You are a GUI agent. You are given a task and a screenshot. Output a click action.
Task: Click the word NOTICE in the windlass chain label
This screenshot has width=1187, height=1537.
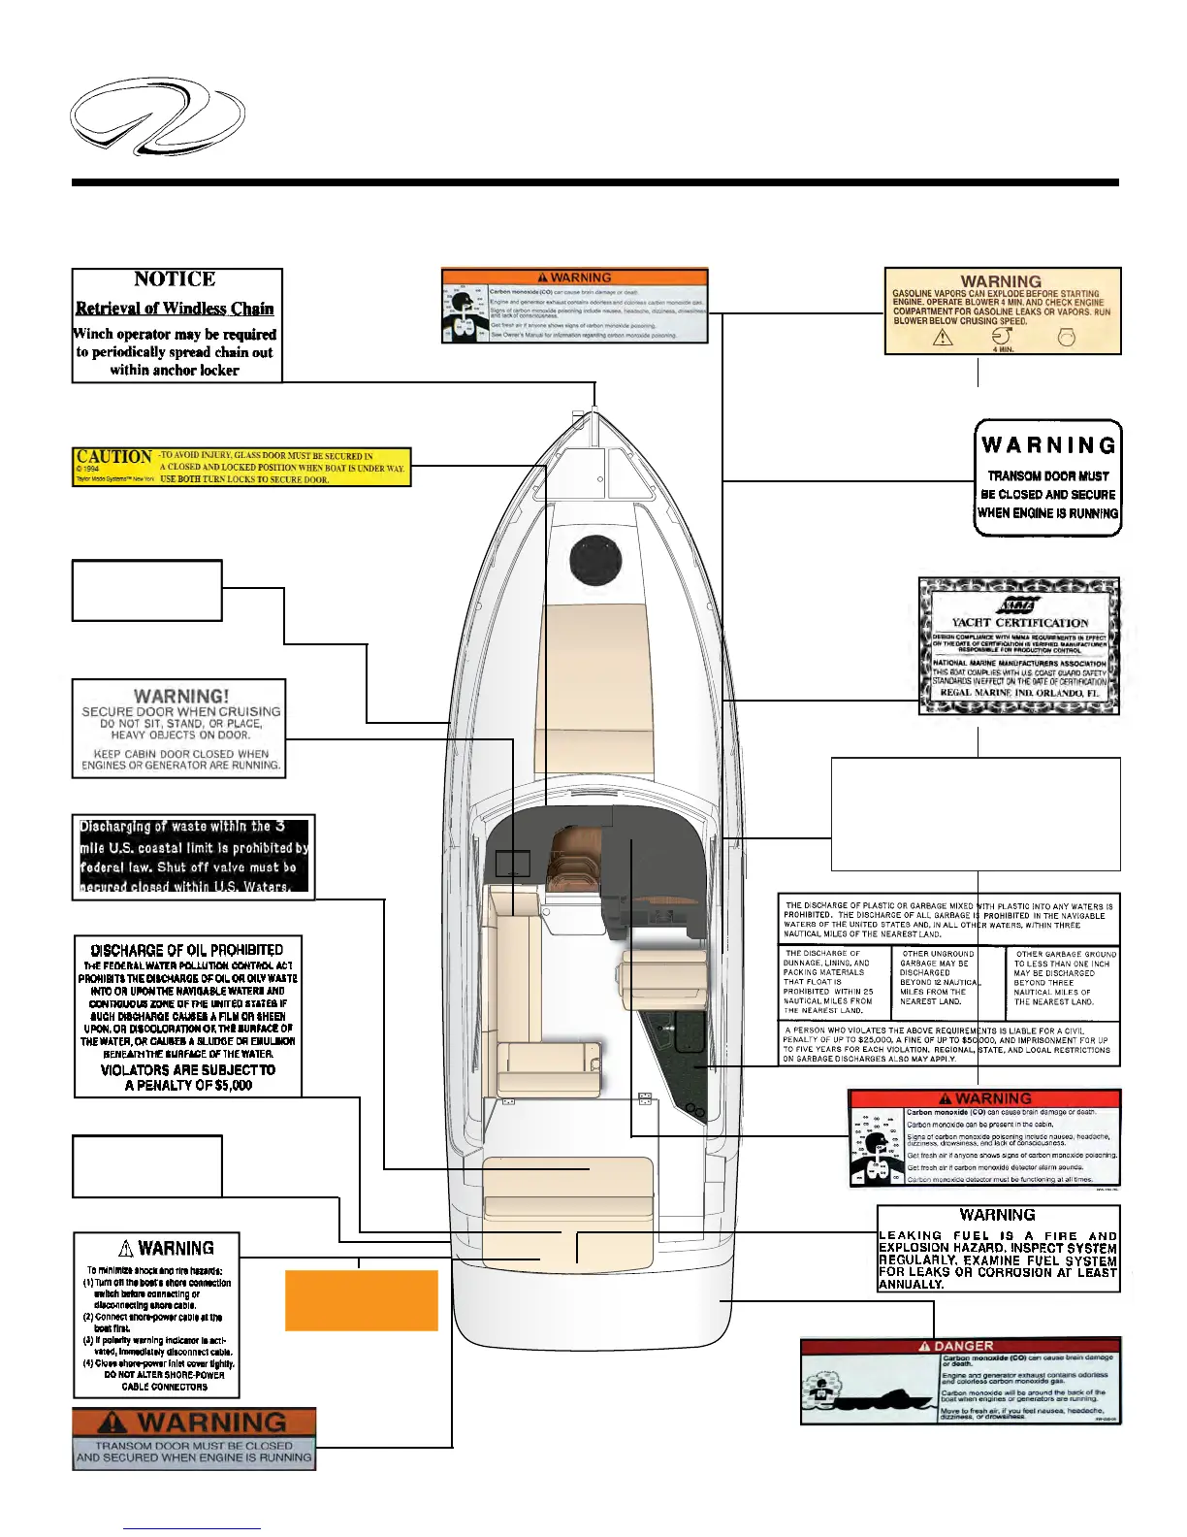click(x=175, y=279)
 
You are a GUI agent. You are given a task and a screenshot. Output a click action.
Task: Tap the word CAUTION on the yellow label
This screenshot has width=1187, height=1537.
click(x=113, y=457)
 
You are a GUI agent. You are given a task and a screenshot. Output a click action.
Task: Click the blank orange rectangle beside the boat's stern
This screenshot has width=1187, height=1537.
click(x=361, y=1300)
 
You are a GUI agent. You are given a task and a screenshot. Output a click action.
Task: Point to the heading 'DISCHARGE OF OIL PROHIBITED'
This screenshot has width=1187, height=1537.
click(x=187, y=951)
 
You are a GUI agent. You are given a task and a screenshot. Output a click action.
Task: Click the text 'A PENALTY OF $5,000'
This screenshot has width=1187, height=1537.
click(x=188, y=1085)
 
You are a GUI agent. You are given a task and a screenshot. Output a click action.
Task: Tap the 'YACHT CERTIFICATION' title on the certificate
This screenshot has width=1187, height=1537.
click(x=1019, y=623)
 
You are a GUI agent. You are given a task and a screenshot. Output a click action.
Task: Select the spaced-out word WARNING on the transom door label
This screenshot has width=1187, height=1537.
click(x=1048, y=445)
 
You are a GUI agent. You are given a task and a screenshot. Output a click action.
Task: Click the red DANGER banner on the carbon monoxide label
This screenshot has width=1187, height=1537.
click(x=960, y=1346)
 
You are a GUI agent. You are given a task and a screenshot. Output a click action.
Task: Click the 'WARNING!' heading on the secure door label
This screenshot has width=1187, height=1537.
click(x=181, y=696)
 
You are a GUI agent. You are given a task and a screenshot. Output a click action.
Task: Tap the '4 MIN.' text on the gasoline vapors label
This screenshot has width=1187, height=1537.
click(x=1003, y=348)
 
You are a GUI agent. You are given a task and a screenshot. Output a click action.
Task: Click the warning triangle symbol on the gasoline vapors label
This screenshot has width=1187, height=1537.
click(x=942, y=337)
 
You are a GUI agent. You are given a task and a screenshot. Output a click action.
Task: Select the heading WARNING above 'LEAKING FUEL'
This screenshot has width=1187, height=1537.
click(x=997, y=1215)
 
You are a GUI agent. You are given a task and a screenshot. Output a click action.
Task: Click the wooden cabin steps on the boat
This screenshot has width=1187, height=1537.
click(x=572, y=859)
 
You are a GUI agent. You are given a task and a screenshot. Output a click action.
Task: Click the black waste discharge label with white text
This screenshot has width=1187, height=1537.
click(x=194, y=856)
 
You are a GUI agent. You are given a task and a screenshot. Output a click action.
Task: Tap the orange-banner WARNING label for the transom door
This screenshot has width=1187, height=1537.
click(x=194, y=1438)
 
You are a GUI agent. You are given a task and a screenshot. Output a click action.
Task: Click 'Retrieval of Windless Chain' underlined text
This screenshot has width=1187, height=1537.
click(x=175, y=309)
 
